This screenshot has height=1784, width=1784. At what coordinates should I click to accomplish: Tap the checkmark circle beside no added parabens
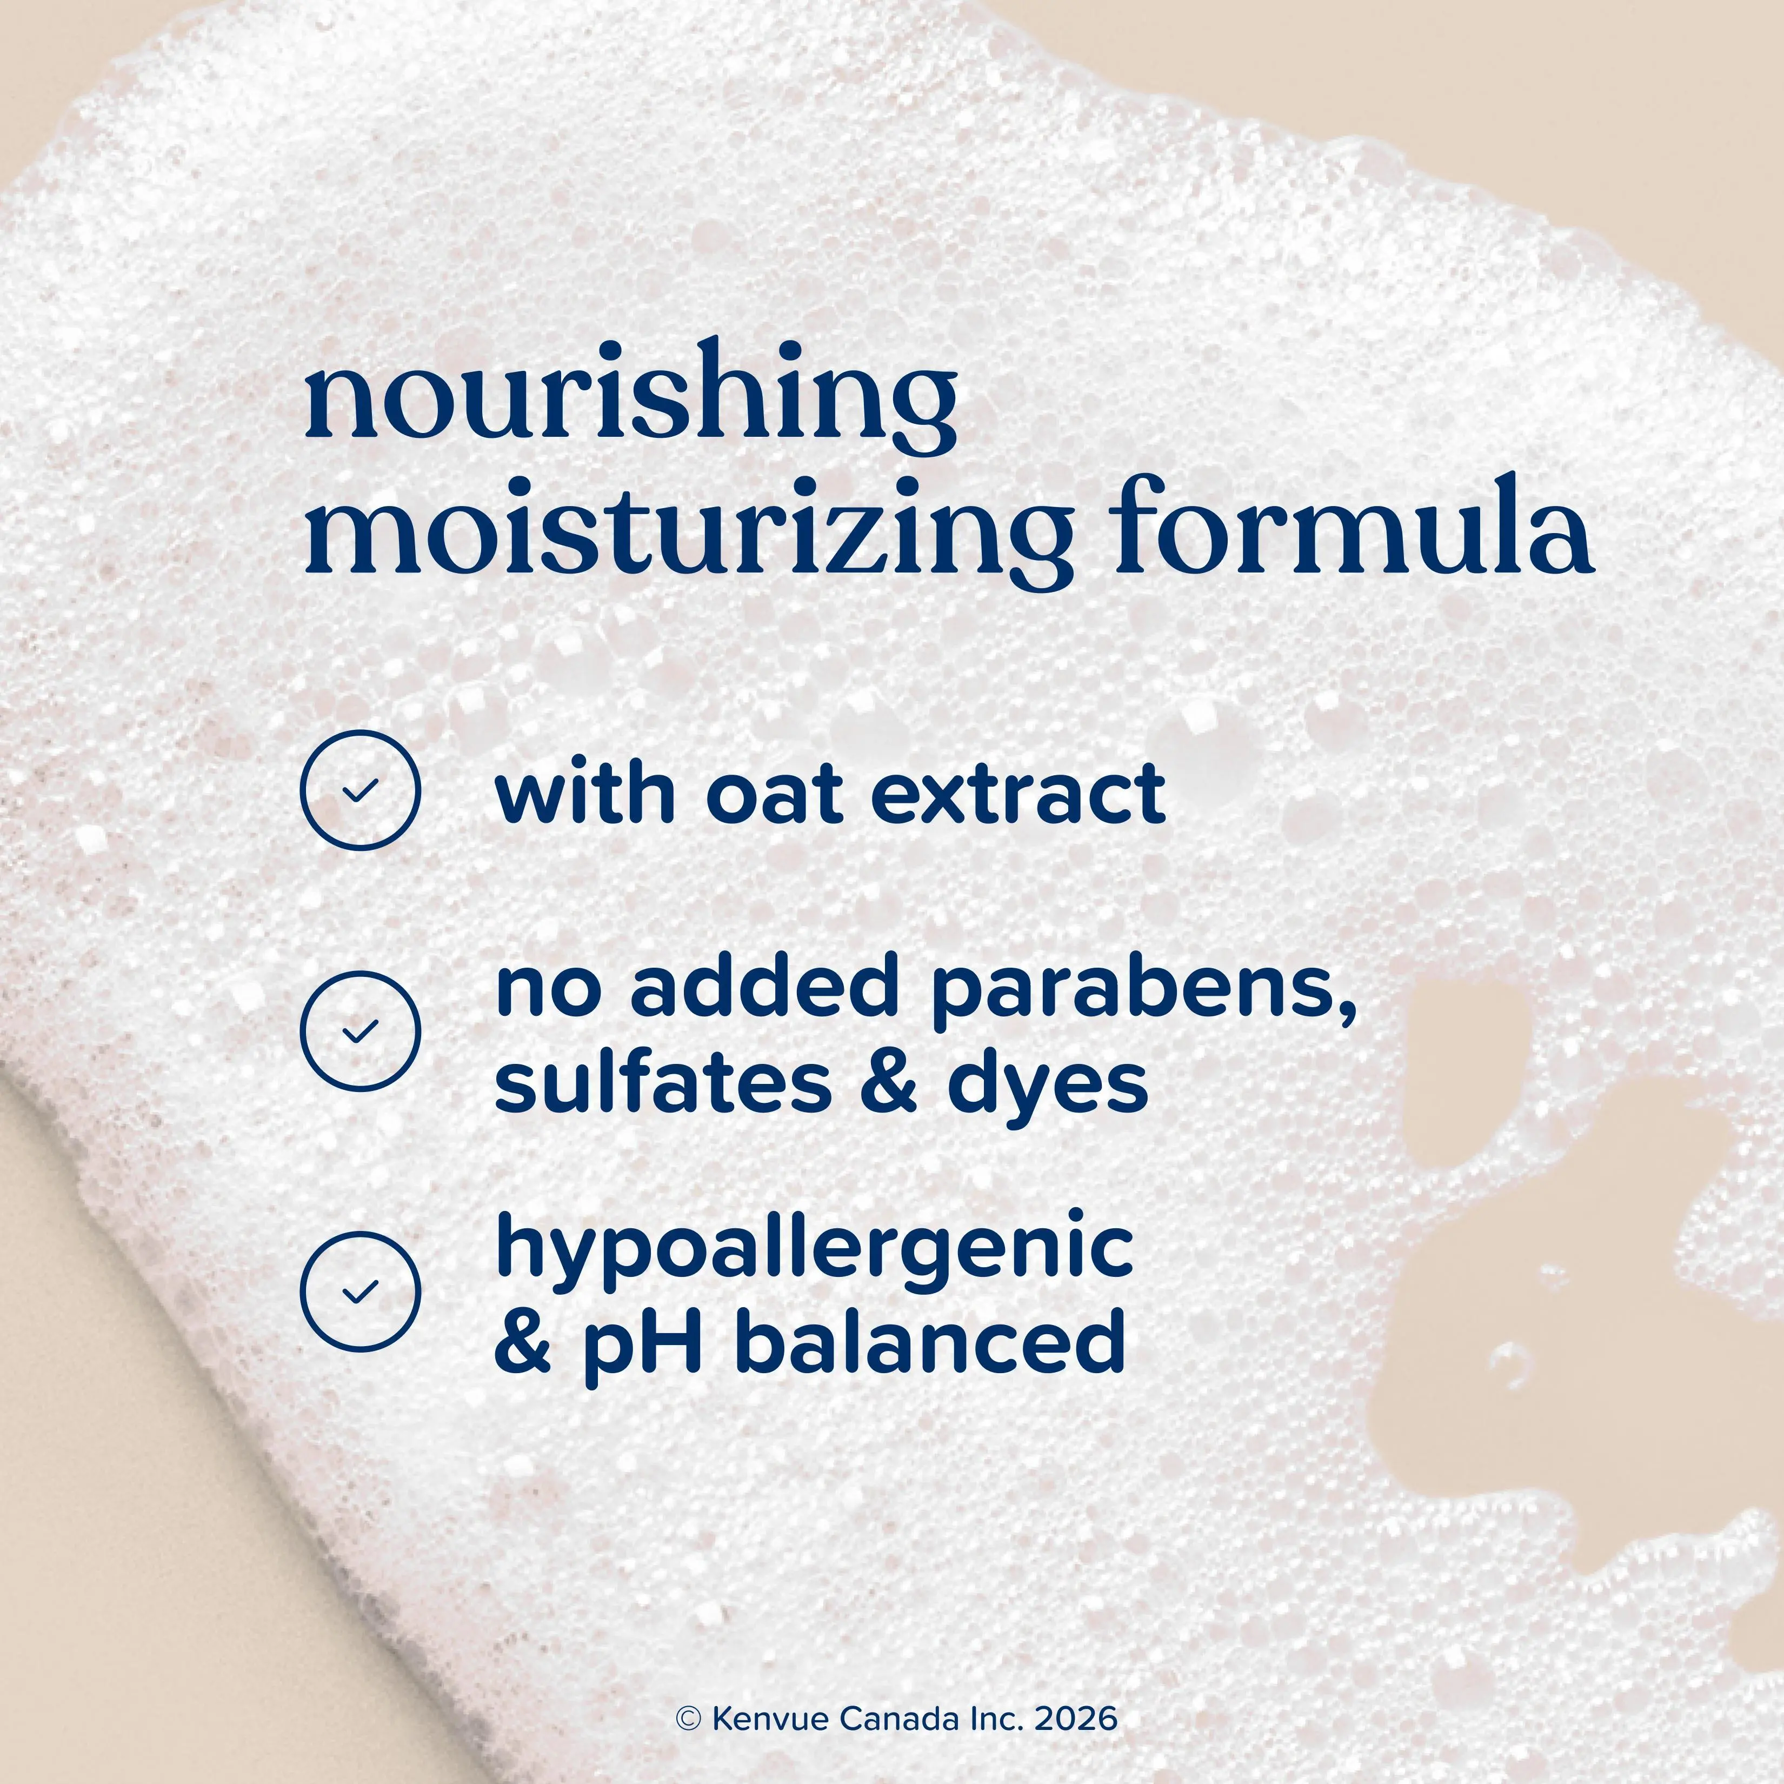coord(360,1031)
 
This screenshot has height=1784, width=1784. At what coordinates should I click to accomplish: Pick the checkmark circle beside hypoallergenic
coord(360,1291)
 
